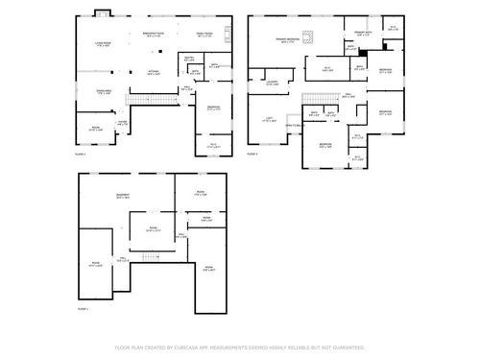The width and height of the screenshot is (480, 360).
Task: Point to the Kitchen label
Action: (x=153, y=72)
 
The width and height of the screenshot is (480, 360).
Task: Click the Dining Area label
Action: (x=98, y=92)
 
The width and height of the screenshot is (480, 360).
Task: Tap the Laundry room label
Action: (x=273, y=83)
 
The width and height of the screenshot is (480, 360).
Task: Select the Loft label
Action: (x=269, y=119)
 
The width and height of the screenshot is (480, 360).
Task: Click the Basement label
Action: (x=124, y=195)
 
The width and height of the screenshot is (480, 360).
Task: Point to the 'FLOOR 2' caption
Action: (x=82, y=154)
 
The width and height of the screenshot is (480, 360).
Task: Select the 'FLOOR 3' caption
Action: (x=253, y=154)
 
